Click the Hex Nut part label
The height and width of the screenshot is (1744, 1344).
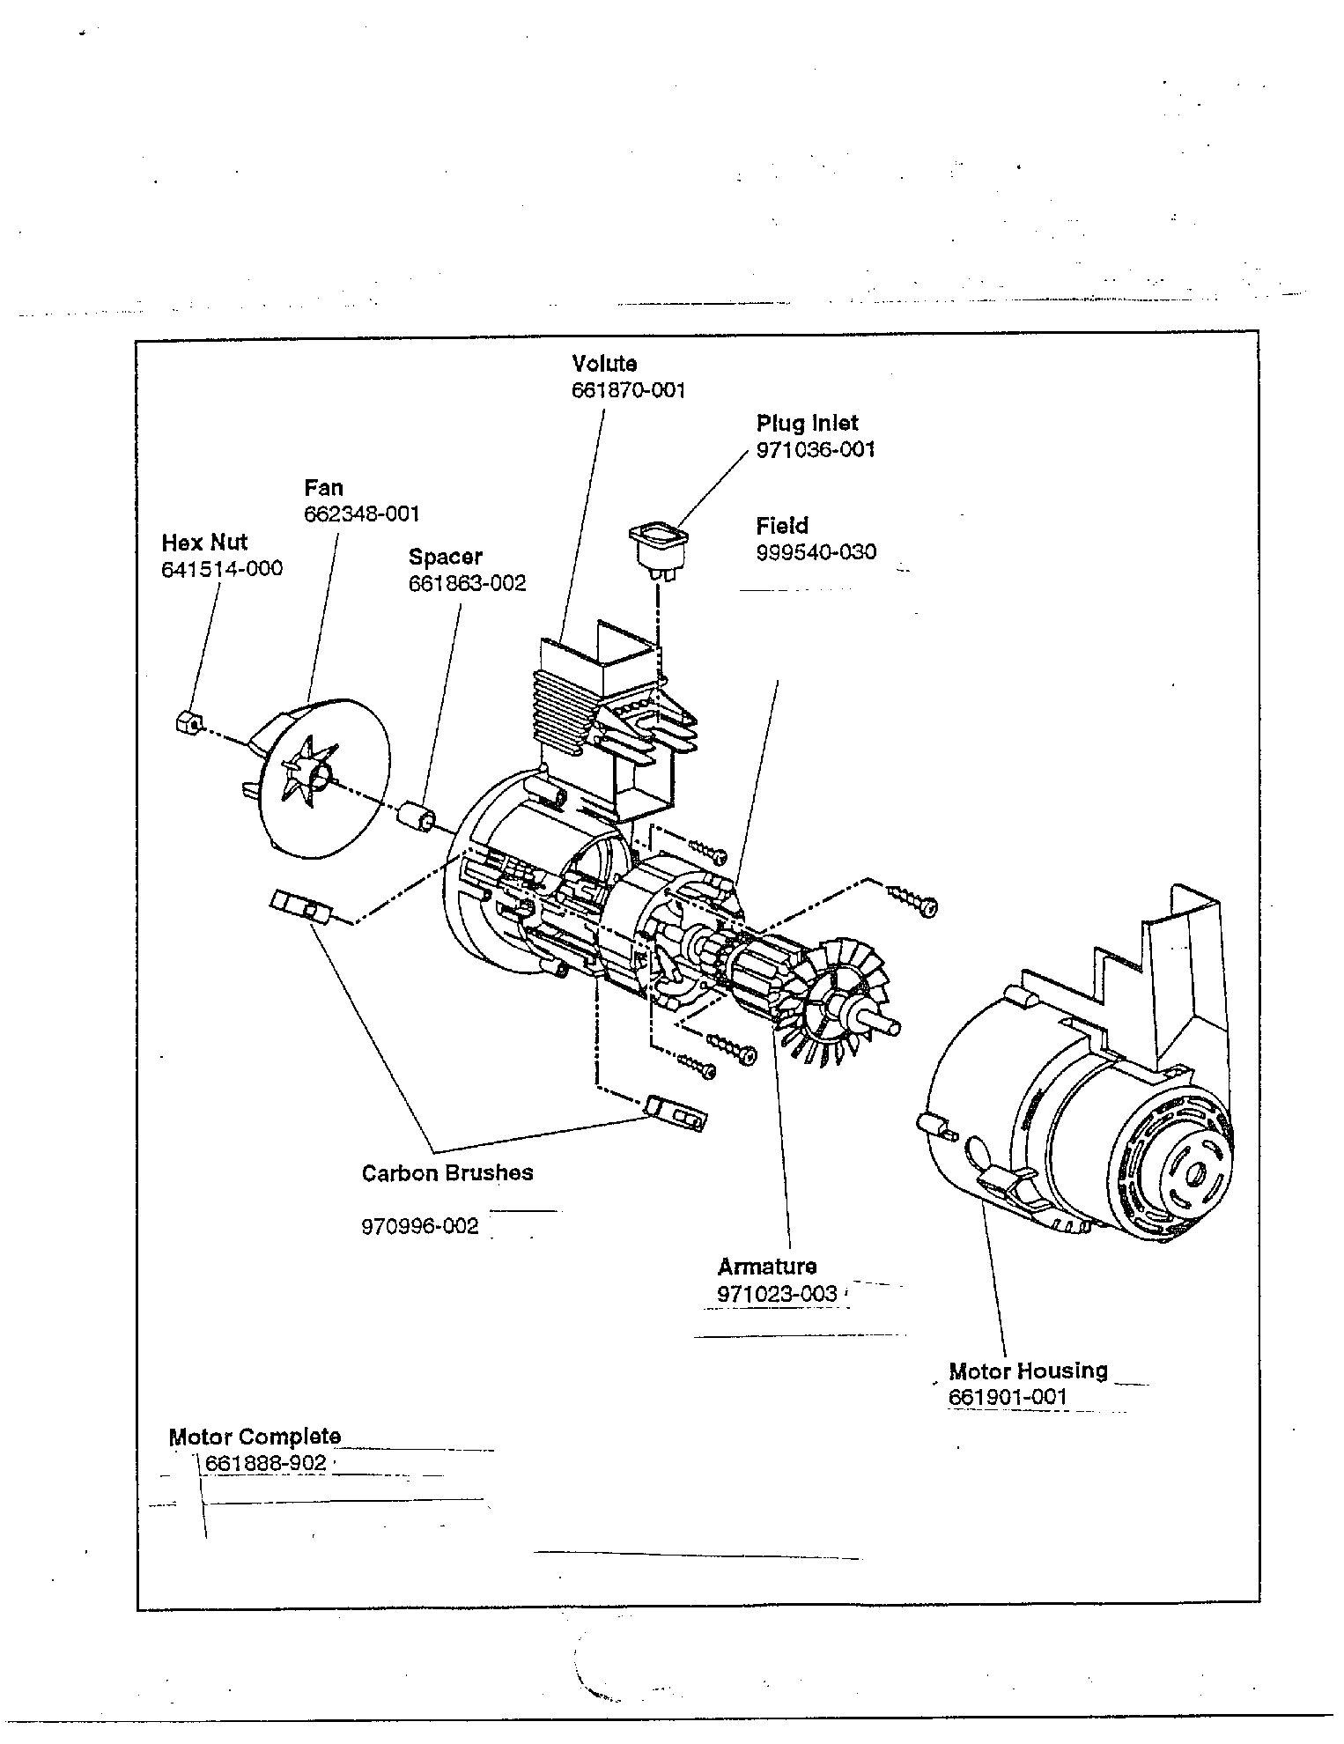(x=204, y=543)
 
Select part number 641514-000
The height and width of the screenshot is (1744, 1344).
(x=222, y=569)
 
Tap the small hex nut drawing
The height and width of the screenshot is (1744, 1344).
(x=186, y=723)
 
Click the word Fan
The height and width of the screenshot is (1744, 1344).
(x=323, y=488)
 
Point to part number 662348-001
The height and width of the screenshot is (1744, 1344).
(x=361, y=514)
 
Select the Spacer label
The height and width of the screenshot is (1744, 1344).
(x=445, y=557)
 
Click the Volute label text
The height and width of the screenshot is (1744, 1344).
(x=604, y=364)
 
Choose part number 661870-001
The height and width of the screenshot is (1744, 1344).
(x=628, y=390)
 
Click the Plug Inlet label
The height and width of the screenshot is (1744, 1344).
(x=807, y=424)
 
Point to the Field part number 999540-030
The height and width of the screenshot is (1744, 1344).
(x=816, y=552)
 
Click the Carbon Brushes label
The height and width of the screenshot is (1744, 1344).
(x=447, y=1173)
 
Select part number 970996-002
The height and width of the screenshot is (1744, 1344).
(x=420, y=1226)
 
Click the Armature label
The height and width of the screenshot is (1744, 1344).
(x=766, y=1267)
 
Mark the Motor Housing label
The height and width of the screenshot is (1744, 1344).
(x=1028, y=1371)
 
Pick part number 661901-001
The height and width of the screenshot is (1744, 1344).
(x=1008, y=1397)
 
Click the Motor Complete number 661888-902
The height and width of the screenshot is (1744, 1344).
(x=266, y=1463)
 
